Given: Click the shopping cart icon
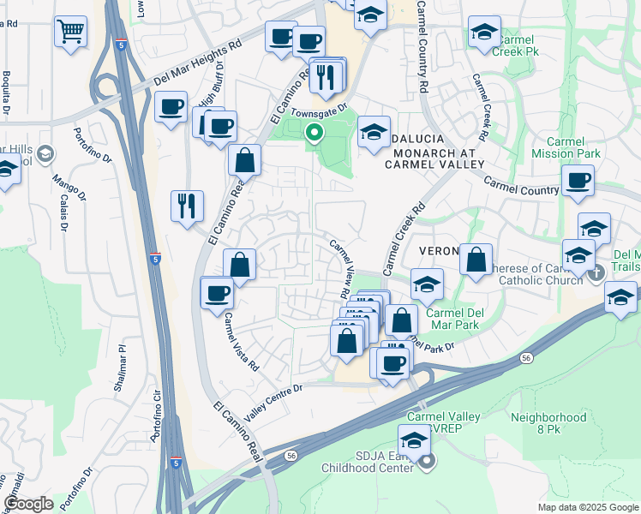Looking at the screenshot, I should (71, 32).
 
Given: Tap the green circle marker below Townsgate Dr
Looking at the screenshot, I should (315, 133).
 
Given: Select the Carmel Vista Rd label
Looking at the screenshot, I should (242, 341).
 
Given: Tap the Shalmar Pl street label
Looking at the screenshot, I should (121, 369).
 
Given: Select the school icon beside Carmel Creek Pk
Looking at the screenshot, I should (484, 33).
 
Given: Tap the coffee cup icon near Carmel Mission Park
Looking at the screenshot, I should (578, 181).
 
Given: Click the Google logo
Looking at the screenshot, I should (27, 504).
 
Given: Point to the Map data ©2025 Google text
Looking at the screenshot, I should (588, 507).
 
